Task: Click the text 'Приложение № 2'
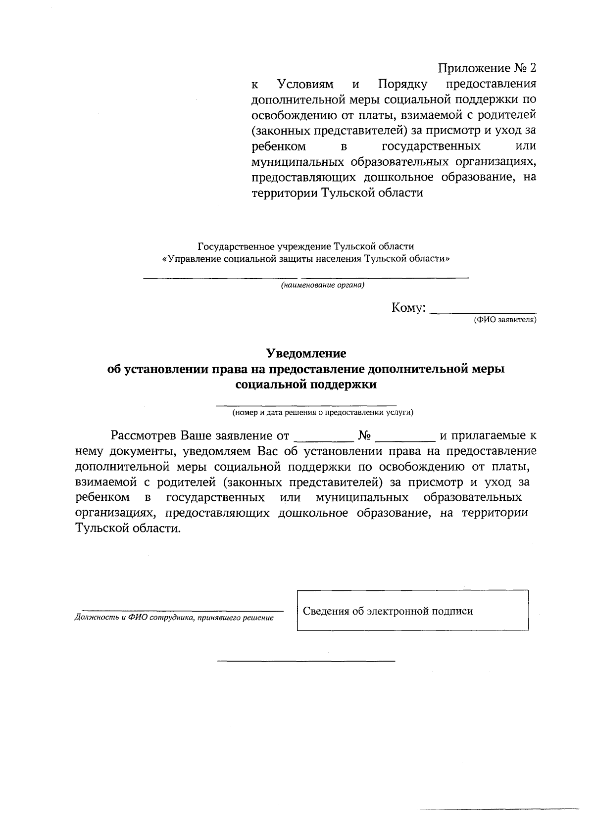click(x=487, y=68)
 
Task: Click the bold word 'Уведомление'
click(x=306, y=353)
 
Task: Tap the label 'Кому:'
click(x=408, y=308)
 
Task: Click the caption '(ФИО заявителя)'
click(x=504, y=320)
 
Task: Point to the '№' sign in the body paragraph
click(x=365, y=436)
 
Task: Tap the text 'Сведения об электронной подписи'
click(x=388, y=611)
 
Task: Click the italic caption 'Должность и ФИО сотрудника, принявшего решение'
click(x=174, y=618)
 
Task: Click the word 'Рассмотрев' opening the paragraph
click(x=144, y=436)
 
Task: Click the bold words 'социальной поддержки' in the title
click(x=306, y=384)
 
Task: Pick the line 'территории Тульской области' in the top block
click(x=337, y=193)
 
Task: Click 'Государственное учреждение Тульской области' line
click(x=306, y=246)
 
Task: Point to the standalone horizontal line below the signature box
click(x=306, y=661)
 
